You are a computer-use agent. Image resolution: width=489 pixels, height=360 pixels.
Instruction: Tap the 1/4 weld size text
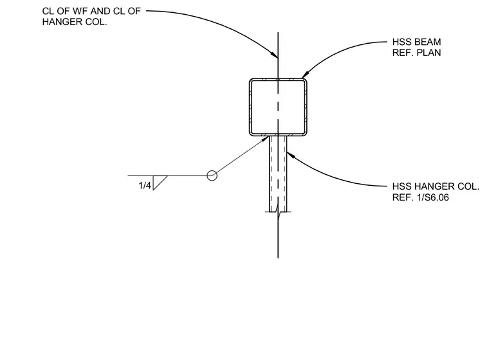tap(145, 186)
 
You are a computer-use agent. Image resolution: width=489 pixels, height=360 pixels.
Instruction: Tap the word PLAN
tap(429, 53)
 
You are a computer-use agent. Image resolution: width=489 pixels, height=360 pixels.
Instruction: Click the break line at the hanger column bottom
tap(278, 213)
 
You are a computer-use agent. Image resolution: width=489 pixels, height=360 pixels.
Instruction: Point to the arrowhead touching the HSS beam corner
tap(305, 75)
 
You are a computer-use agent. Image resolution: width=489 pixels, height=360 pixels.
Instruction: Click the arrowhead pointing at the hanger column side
tap(290, 154)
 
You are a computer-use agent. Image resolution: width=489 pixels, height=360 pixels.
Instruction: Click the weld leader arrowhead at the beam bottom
tap(265, 139)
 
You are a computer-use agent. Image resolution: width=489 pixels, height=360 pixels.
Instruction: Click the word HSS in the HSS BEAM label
tap(402, 42)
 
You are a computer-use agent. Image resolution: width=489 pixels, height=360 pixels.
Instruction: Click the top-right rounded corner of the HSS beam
tap(306, 80)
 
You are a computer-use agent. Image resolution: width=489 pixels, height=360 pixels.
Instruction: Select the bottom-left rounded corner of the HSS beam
tap(251, 134)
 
